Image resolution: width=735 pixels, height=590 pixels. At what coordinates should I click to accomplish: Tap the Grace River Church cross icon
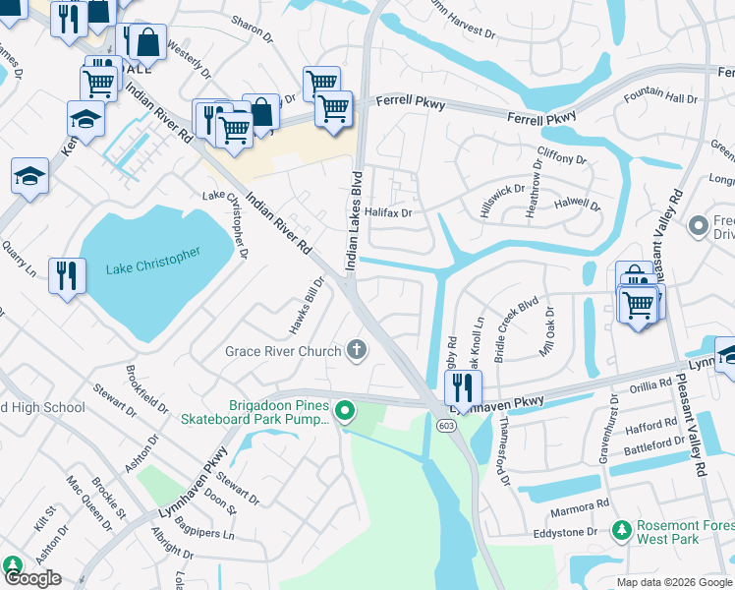(358, 350)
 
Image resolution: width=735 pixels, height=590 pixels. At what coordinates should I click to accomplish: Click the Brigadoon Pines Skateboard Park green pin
(344, 411)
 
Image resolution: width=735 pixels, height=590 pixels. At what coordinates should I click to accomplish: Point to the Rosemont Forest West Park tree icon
(620, 531)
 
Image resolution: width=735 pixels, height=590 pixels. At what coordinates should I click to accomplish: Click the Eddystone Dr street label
(565, 531)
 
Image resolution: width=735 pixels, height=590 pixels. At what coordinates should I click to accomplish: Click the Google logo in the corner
(32, 578)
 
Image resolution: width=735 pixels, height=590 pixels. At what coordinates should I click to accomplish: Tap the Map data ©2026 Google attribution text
(674, 582)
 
